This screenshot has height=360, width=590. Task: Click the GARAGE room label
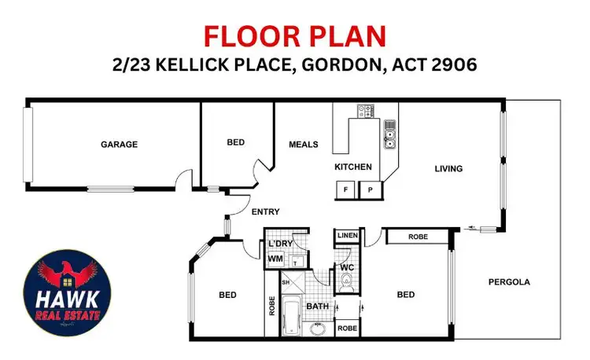(x=119, y=144)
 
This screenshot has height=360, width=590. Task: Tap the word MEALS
(x=303, y=144)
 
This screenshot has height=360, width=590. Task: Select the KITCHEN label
(x=352, y=167)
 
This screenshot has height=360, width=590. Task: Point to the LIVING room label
(x=448, y=168)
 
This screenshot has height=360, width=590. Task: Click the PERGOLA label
(x=509, y=281)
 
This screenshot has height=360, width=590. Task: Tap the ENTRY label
(x=265, y=211)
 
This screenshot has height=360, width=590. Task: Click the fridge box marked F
(x=345, y=189)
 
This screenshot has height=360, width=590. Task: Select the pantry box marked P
(x=369, y=189)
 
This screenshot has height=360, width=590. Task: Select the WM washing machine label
(x=275, y=258)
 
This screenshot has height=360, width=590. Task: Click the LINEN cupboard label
(x=346, y=236)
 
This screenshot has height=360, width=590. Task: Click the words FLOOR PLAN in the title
(x=294, y=36)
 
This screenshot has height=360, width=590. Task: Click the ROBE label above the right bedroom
(x=417, y=237)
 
